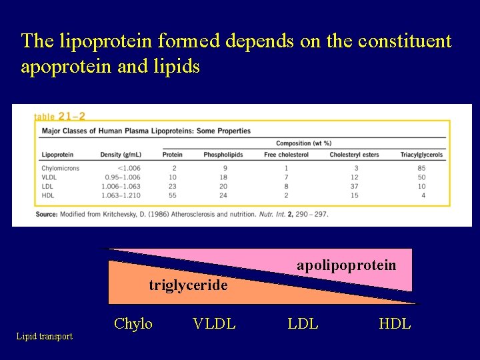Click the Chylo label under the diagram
(133, 324)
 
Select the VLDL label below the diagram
(213, 324)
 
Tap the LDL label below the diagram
(303, 324)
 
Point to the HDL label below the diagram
(395, 324)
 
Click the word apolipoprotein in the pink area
(346, 265)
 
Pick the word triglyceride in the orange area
(188, 285)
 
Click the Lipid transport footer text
(45, 337)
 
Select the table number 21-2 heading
(59, 116)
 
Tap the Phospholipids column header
(223, 155)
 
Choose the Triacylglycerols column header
(421, 155)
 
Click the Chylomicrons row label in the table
(60, 168)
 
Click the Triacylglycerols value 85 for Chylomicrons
(421, 168)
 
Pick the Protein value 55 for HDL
(173, 195)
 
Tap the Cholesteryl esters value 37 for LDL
(354, 187)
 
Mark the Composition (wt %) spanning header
(303, 143)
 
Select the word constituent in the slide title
(405, 41)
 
